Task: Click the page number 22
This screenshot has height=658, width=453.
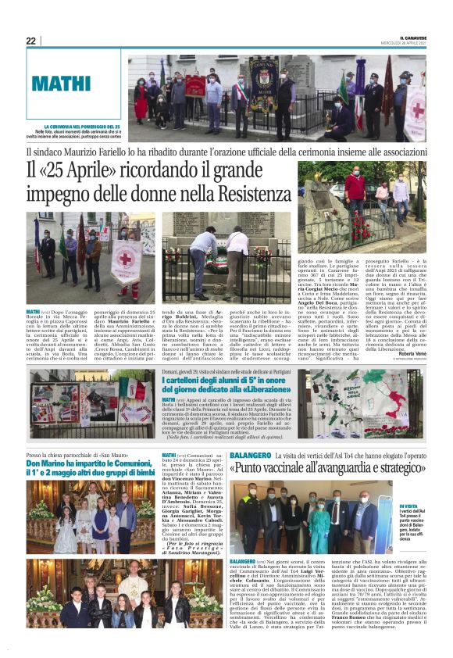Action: coord(30,41)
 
